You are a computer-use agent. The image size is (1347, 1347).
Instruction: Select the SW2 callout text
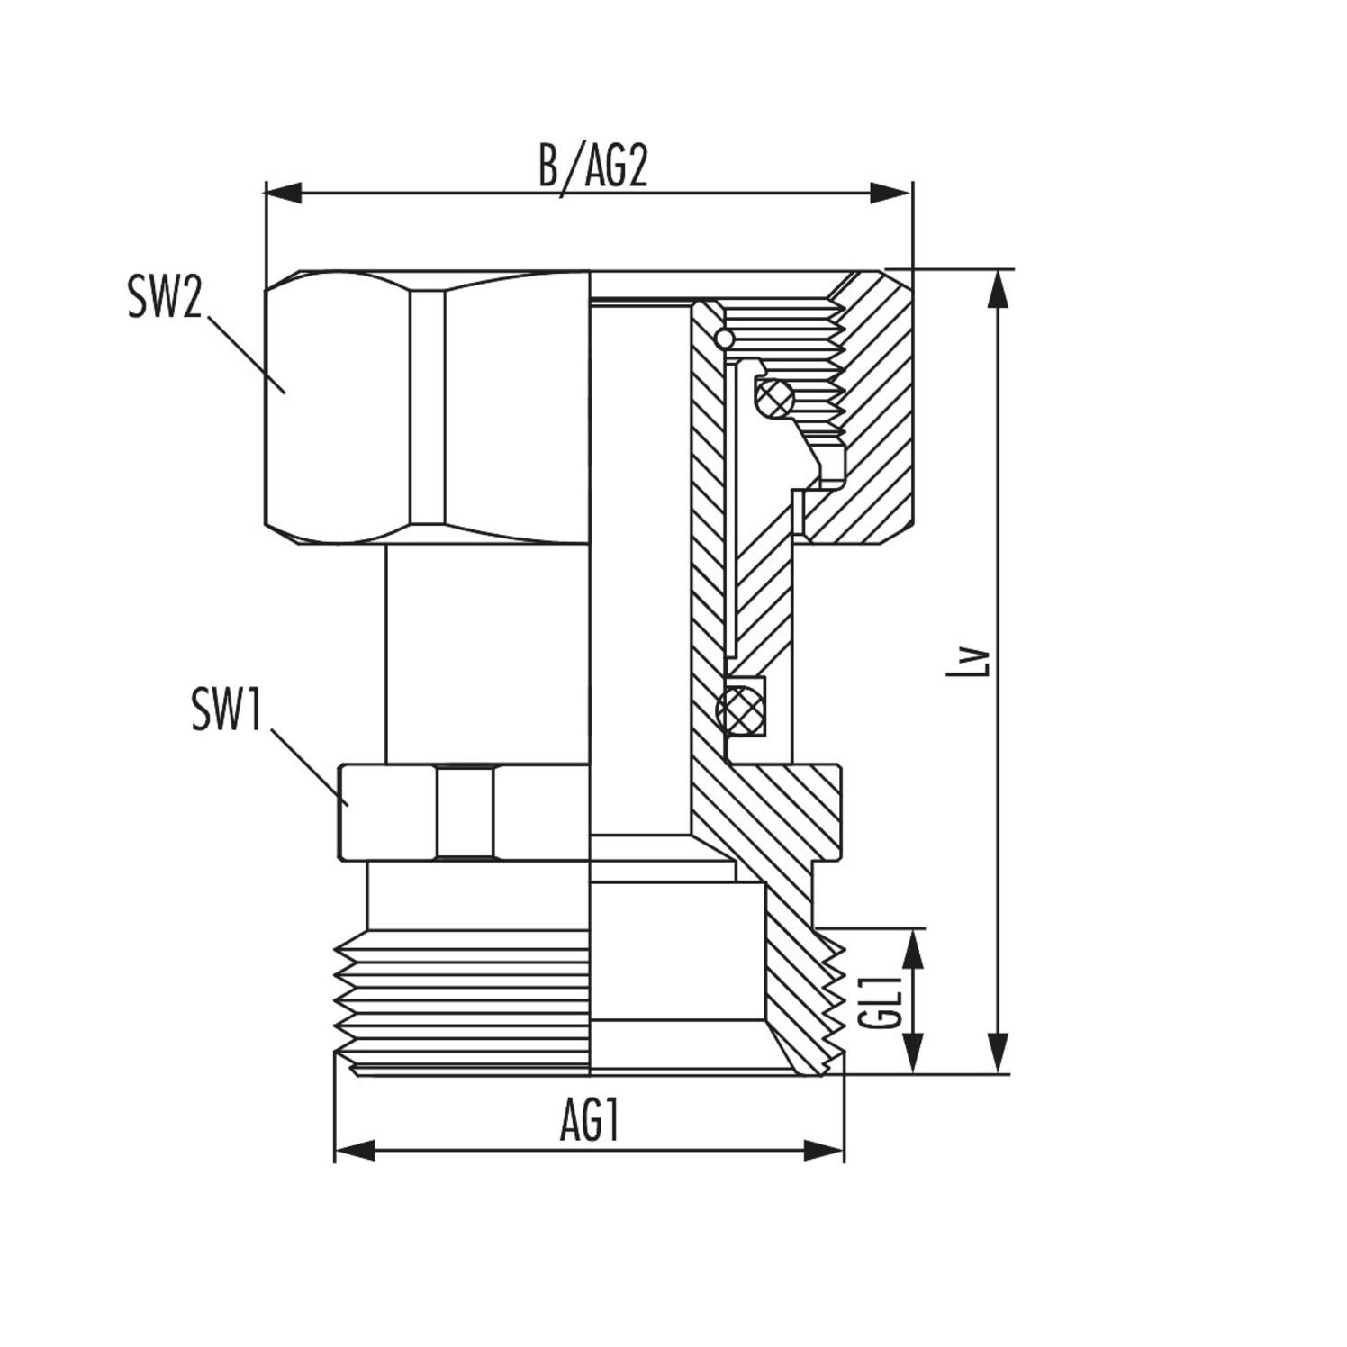click(164, 297)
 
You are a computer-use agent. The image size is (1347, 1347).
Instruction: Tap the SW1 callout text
click(227, 710)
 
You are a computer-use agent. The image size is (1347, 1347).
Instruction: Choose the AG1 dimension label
click(590, 1123)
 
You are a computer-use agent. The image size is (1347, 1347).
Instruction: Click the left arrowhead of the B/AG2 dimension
click(283, 193)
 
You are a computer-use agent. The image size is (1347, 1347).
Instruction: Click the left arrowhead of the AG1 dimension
click(354, 1150)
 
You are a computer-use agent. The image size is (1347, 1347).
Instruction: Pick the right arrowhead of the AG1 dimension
click(825, 1150)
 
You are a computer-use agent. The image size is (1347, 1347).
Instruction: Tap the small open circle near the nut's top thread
click(723, 339)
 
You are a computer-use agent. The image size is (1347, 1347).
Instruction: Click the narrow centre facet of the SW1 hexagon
click(466, 812)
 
